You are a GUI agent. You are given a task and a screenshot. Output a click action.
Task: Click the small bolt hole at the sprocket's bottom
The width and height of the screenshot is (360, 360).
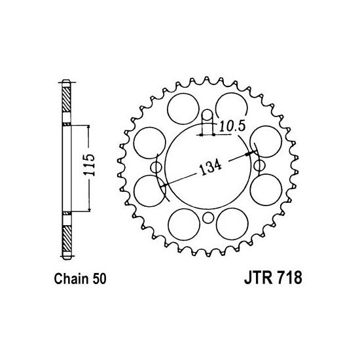207,219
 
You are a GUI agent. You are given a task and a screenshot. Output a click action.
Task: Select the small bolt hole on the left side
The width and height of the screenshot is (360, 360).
156,169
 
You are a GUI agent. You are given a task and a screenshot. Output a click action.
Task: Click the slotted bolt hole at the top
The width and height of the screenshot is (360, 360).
207,118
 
